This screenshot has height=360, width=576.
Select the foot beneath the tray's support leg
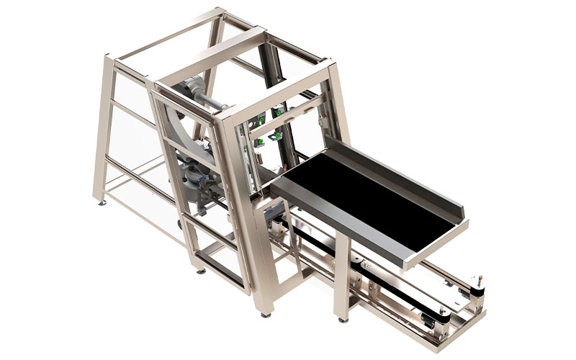pos(341,319)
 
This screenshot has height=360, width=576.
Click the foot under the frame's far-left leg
pos(102,202)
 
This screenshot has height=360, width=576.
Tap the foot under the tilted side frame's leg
pos(199,271)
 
